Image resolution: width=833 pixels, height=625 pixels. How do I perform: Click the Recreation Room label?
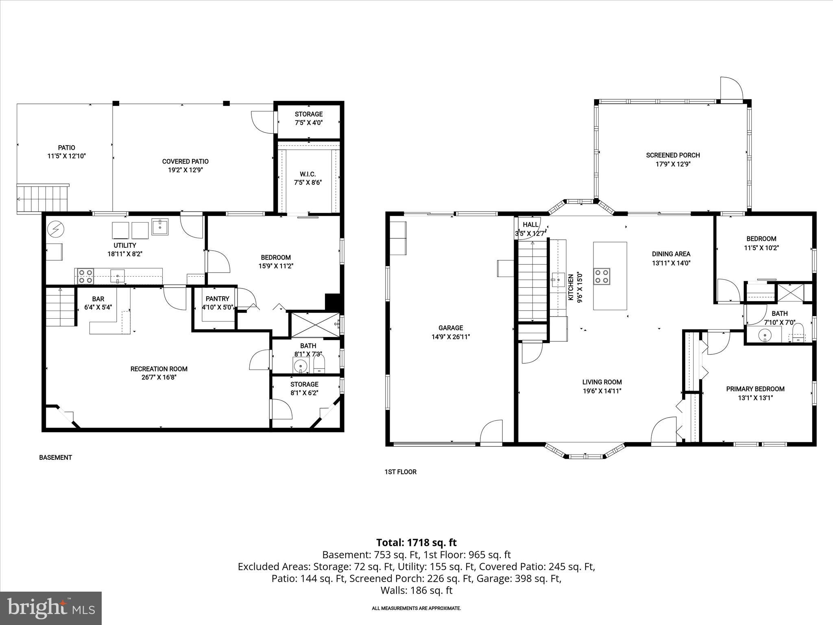point(159,369)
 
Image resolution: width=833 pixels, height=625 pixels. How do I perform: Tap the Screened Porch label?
point(673,155)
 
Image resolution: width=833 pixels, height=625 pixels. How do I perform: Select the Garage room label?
point(451,328)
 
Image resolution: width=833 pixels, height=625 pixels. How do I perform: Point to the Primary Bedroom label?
point(755,389)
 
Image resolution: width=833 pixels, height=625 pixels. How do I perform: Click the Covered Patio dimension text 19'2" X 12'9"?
point(185,170)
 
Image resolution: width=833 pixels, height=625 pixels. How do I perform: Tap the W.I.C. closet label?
point(308,174)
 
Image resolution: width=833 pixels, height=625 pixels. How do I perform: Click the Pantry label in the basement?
point(218,299)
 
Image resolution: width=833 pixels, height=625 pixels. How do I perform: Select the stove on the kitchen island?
point(602,276)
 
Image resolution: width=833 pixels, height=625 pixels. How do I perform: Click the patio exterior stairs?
point(42,199)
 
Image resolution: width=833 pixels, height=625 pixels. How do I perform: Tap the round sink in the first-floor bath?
point(765,336)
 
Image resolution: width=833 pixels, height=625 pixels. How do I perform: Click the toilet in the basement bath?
point(319,364)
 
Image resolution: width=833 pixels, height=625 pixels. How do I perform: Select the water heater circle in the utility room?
point(53,230)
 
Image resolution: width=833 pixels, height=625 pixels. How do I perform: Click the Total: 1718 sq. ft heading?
point(416,542)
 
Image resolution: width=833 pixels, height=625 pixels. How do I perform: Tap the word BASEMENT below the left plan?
point(55,457)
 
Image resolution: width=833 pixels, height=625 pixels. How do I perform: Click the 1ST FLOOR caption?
point(401,472)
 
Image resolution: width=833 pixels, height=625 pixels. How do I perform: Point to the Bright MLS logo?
point(51,608)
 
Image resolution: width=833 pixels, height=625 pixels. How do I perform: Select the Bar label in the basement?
point(98,299)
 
